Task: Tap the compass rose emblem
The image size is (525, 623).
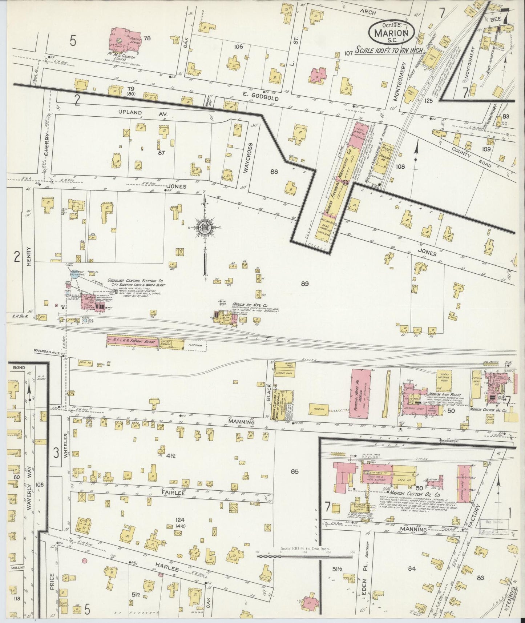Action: (205, 227)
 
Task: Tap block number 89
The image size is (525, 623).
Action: (304, 284)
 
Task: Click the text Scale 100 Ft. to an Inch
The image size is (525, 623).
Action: (388, 49)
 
